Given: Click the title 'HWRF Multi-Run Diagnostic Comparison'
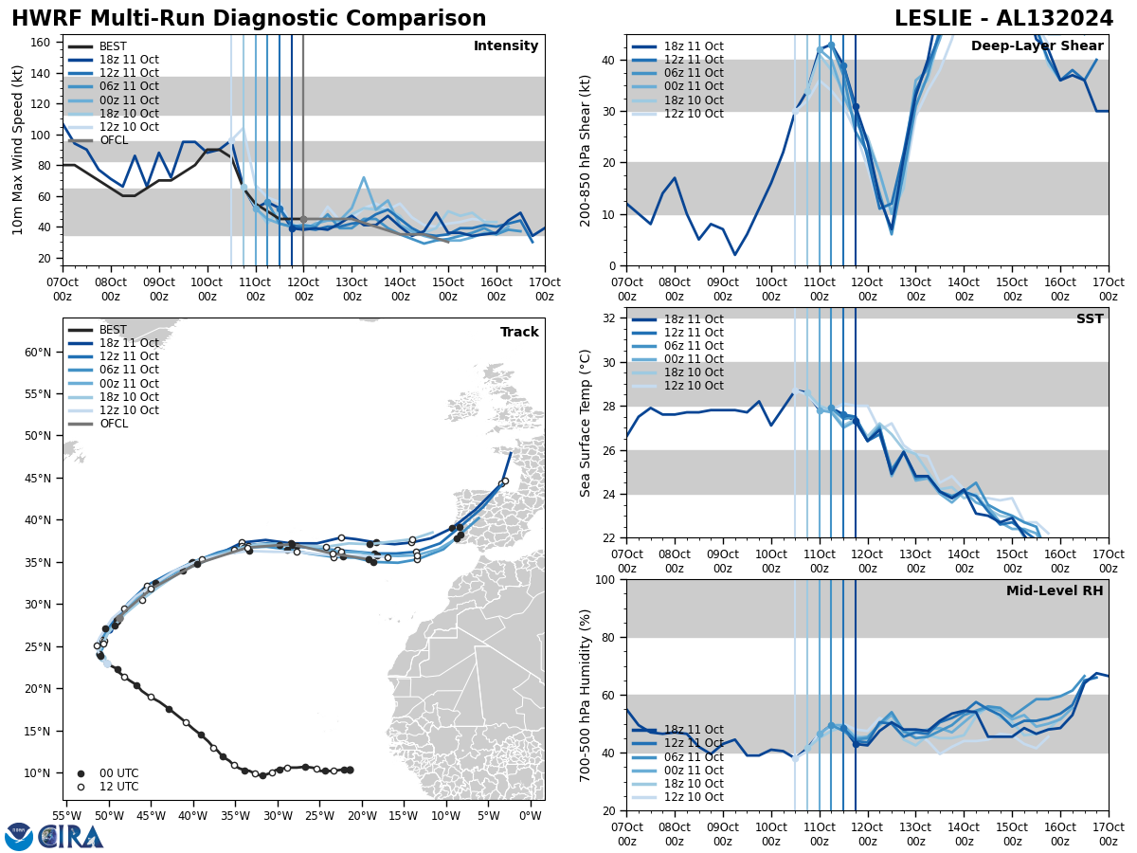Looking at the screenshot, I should point(248,19).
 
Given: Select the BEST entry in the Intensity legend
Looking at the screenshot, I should point(113,46).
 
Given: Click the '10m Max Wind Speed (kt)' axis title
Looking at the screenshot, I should point(17,151).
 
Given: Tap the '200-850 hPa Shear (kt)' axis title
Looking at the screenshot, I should point(585,151).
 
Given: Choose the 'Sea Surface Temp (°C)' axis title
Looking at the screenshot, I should point(585,423).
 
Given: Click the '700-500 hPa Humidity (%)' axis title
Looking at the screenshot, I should point(585,695).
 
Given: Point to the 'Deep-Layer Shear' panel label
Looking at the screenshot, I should point(1037,46).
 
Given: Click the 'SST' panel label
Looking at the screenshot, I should point(1089,319).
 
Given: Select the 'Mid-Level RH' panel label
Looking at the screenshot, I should point(1054,591).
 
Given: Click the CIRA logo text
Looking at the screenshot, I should point(71,836).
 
